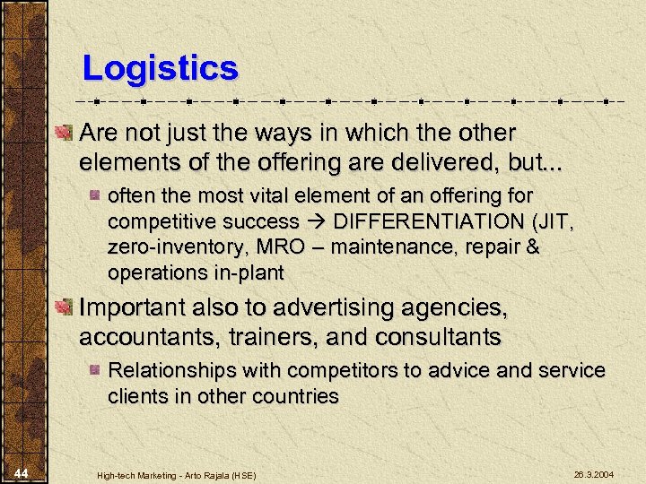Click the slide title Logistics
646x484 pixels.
pyautogui.click(x=160, y=68)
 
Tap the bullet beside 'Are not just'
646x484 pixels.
pyautogui.click(x=64, y=134)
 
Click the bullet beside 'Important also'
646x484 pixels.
pyautogui.click(x=64, y=308)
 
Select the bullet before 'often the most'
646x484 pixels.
pyautogui.click(x=96, y=195)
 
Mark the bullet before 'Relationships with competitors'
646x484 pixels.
pyautogui.click(x=96, y=370)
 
